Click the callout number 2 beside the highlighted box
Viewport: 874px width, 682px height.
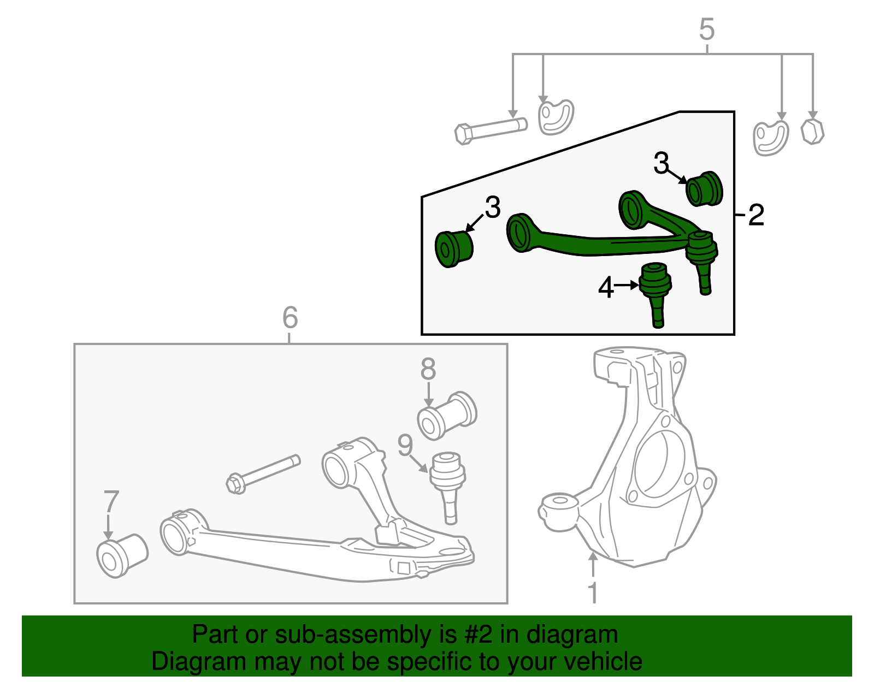click(756, 215)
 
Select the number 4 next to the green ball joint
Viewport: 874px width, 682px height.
click(606, 287)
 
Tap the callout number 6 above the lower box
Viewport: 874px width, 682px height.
click(290, 317)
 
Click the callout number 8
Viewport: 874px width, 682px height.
click(428, 369)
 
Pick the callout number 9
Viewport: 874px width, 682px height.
click(405, 446)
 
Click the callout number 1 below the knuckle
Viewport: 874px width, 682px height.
click(593, 592)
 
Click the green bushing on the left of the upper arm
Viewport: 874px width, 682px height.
click(453, 249)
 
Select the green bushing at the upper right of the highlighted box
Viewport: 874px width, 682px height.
click(704, 189)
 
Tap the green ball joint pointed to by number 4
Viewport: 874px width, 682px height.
click(655, 289)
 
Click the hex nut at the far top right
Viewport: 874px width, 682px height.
click(812, 132)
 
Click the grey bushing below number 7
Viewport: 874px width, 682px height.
click(122, 555)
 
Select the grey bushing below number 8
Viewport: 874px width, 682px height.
click(446, 416)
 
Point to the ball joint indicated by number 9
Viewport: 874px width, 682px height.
click(448, 481)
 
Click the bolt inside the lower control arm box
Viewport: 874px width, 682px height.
click(262, 474)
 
